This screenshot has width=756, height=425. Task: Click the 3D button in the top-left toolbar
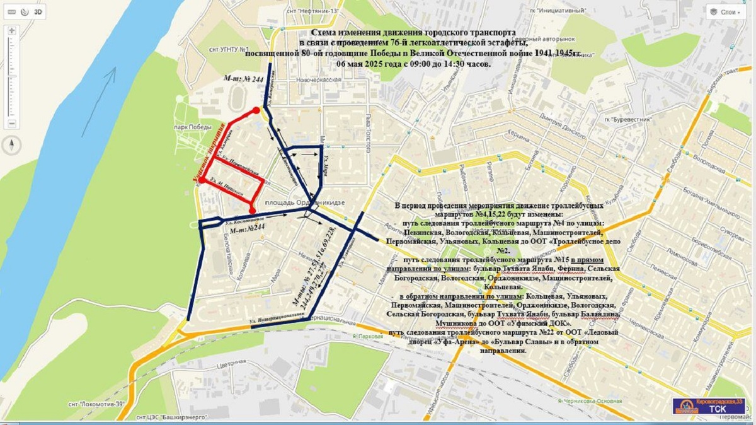(x=38, y=12)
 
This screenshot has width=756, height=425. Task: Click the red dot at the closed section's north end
(x=256, y=110)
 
